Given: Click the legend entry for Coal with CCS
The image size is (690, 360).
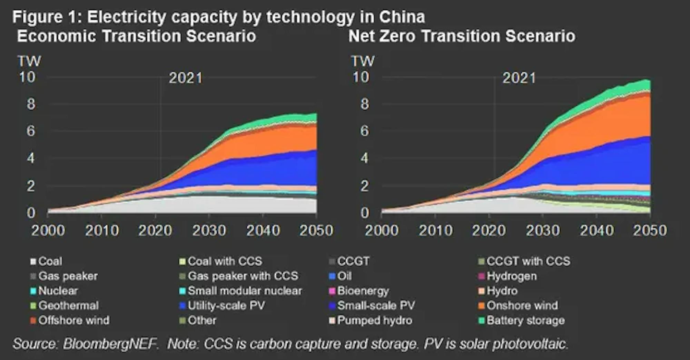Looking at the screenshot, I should click(225, 261).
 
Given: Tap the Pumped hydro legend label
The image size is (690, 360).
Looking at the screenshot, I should click(375, 321).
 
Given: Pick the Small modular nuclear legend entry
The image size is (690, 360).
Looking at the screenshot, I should click(244, 291).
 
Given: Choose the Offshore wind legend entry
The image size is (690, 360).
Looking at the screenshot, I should click(73, 321).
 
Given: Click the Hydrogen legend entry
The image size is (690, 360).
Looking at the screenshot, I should click(511, 276).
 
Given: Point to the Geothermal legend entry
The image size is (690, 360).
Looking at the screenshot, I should click(68, 306).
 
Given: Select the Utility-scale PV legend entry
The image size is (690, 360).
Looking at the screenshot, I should click(226, 306).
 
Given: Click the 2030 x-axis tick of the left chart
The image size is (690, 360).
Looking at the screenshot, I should click(209, 231).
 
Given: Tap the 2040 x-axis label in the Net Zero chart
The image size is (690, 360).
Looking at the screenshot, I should click(597, 231).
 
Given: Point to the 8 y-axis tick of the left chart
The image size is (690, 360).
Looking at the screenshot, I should click(31, 104).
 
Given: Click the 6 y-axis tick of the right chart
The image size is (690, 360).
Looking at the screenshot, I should click(364, 131).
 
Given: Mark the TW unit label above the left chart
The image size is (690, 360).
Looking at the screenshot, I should click(29, 61).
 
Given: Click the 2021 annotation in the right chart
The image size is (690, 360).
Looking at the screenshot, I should click(519, 78).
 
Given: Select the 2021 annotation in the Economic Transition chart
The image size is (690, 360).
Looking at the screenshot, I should click(186, 78).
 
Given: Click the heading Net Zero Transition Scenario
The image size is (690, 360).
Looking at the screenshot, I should click(462, 36).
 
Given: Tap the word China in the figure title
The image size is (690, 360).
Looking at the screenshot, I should click(402, 17).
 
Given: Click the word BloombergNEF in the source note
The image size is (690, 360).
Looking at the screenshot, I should click(110, 344).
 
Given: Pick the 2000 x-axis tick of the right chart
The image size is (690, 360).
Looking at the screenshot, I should click(382, 231).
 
